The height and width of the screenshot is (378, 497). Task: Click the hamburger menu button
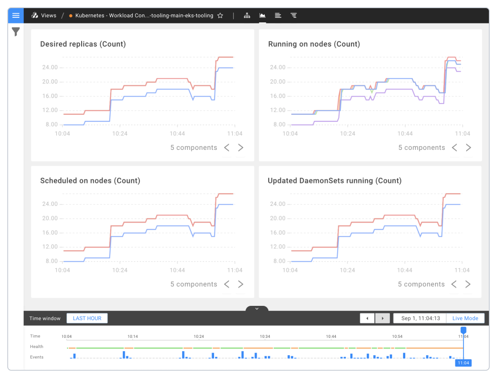point(16,15)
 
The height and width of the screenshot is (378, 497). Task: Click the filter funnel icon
point(16,32)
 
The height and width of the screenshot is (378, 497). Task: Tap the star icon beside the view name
point(220,16)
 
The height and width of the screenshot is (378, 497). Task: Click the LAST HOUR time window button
point(87,319)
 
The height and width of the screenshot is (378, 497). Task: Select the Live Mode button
point(465,319)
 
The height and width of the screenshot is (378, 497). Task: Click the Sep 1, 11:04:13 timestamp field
point(420,319)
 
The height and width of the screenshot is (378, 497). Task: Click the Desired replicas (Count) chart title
point(83,44)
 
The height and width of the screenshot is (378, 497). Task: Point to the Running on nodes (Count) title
point(314,44)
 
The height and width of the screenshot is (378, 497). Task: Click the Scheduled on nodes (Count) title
point(90,181)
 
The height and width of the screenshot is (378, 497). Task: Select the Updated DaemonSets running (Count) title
point(335,181)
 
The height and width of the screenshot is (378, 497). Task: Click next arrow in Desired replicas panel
point(241,148)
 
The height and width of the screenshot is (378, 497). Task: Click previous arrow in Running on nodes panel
point(454,148)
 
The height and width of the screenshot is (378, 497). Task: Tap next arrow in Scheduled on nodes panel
point(241,285)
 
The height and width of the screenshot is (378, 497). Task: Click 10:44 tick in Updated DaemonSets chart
point(405,270)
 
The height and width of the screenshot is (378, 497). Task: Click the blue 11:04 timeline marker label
point(463,363)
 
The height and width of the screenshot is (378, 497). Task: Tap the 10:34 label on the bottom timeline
point(265,336)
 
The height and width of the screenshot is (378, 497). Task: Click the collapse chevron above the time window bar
point(257,309)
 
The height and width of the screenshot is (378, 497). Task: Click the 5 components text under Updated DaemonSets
point(421,285)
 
